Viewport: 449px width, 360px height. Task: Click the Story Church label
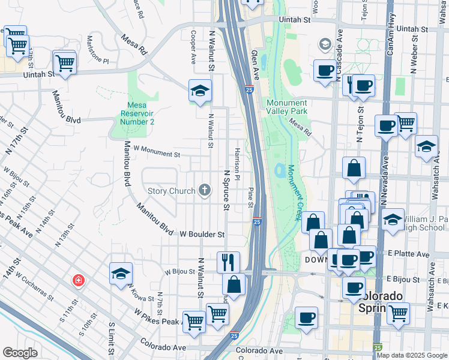coord(172,191)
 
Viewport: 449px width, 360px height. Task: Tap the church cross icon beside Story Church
coord(205,191)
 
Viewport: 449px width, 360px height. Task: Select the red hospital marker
coord(78,280)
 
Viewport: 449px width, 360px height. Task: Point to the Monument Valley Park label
coord(287,107)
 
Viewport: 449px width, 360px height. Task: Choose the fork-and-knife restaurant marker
coord(228,262)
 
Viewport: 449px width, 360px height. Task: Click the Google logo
coord(20,353)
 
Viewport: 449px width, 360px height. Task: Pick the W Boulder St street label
coord(202,235)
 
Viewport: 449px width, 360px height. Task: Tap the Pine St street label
coord(250,197)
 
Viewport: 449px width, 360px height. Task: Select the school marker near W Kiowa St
coord(121,274)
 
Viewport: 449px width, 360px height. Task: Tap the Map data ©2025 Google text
coord(412,355)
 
